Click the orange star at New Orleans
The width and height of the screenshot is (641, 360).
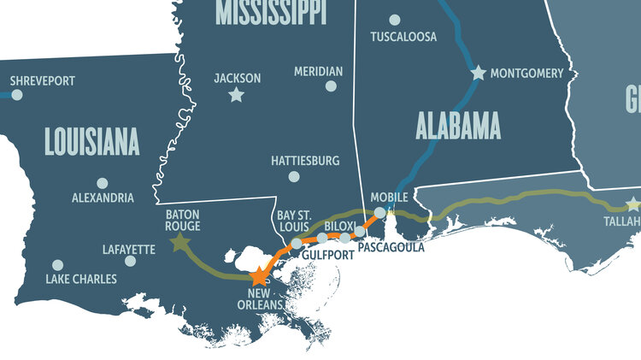pyautogui.click(x=260, y=276)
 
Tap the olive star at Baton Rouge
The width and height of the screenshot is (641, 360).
pyautogui.click(x=179, y=243)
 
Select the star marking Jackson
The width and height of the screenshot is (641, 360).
pyautogui.click(x=236, y=95)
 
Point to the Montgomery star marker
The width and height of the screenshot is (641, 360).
pyautogui.click(x=478, y=74)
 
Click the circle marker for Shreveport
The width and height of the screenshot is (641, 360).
pyautogui.click(x=16, y=94)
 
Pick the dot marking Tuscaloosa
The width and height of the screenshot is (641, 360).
pyautogui.click(x=394, y=20)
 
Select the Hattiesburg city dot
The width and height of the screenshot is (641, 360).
pyautogui.click(x=294, y=177)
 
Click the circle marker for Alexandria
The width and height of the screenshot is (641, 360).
pyautogui.click(x=103, y=182)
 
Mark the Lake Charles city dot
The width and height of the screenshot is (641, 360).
pyautogui.click(x=57, y=265)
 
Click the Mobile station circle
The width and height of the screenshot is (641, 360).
pyautogui.click(x=380, y=211)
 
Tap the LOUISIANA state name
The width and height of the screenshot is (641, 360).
pyautogui.click(x=91, y=141)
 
